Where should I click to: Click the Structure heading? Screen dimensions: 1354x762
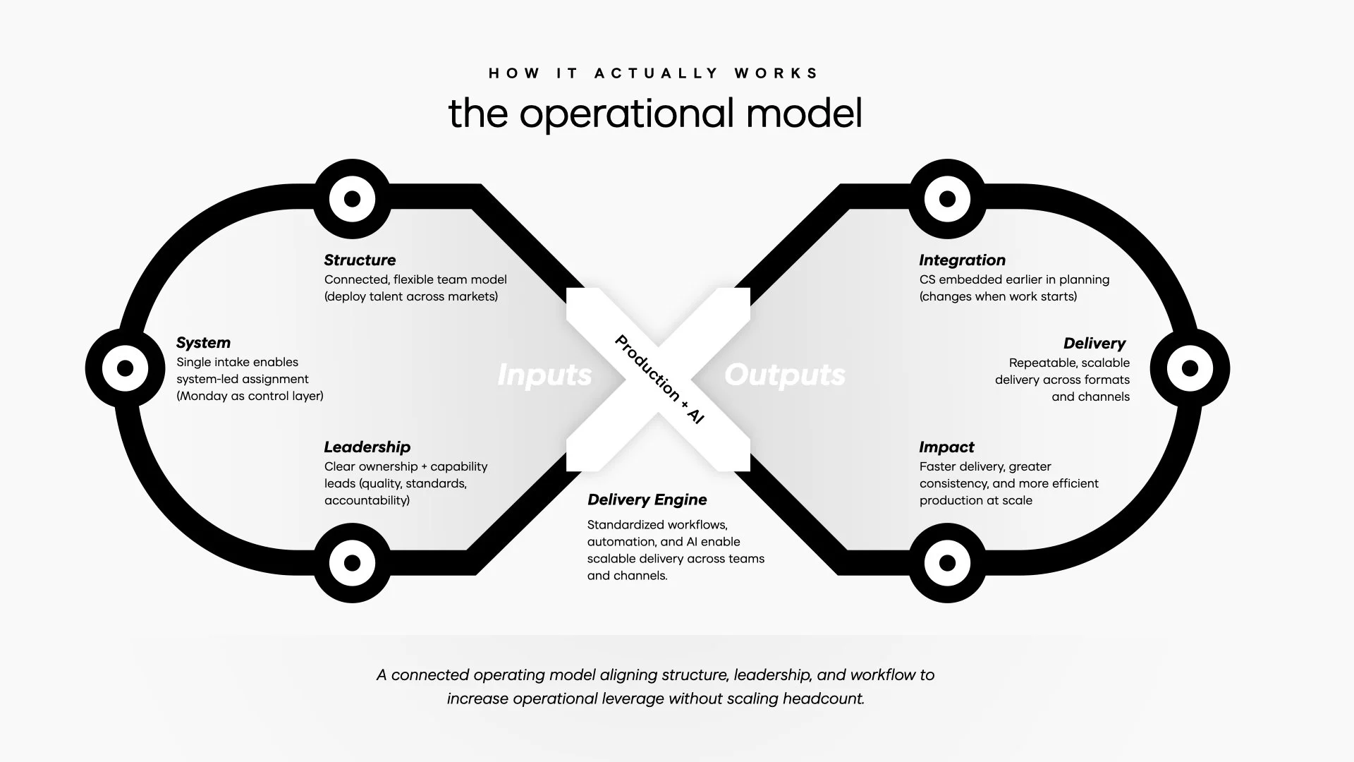point(360,260)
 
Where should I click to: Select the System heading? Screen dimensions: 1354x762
point(203,343)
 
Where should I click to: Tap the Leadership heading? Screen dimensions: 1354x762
point(367,447)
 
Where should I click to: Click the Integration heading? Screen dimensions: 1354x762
point(962,260)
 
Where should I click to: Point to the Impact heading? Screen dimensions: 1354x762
point(946,447)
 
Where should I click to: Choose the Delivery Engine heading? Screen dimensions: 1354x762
point(647,500)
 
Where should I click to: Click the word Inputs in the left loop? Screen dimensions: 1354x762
point(544,375)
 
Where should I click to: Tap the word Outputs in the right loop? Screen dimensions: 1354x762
point(784,375)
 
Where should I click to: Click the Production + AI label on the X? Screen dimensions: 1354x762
point(659,379)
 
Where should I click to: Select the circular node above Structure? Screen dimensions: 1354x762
point(352,199)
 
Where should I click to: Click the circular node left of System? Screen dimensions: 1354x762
point(125,368)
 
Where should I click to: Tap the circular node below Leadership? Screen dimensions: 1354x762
point(352,563)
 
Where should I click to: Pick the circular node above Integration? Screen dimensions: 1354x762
point(947,199)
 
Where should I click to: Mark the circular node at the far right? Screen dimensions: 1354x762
point(1190,368)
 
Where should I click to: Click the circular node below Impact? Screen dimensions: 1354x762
point(947,563)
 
